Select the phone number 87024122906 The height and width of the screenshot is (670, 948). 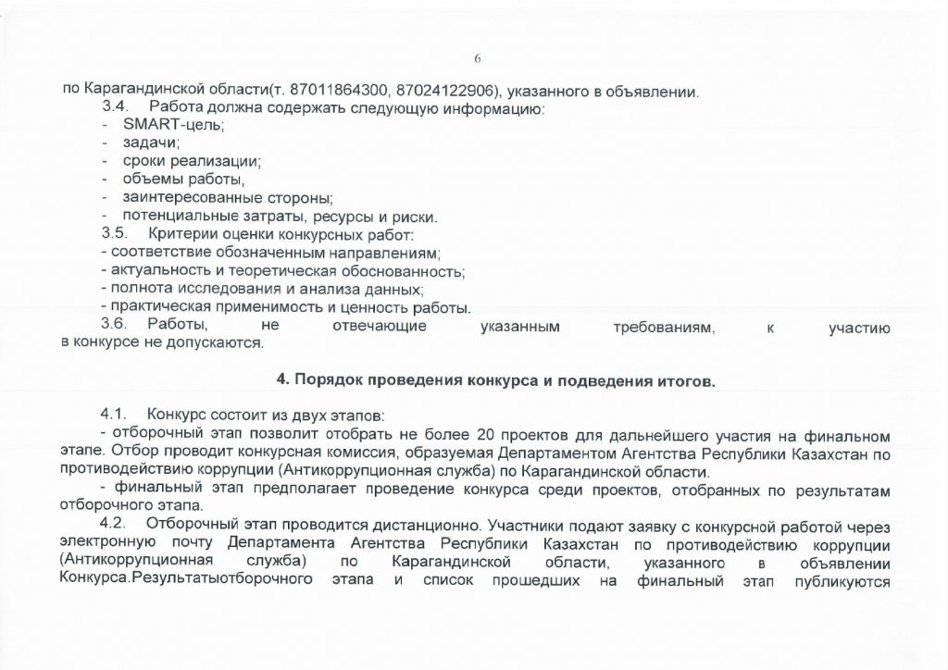point(443,91)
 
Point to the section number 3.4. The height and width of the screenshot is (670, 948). point(114,108)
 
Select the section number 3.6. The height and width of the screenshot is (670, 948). point(114,325)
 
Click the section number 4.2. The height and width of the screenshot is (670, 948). point(114,522)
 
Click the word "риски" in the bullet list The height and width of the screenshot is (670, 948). point(412,216)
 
